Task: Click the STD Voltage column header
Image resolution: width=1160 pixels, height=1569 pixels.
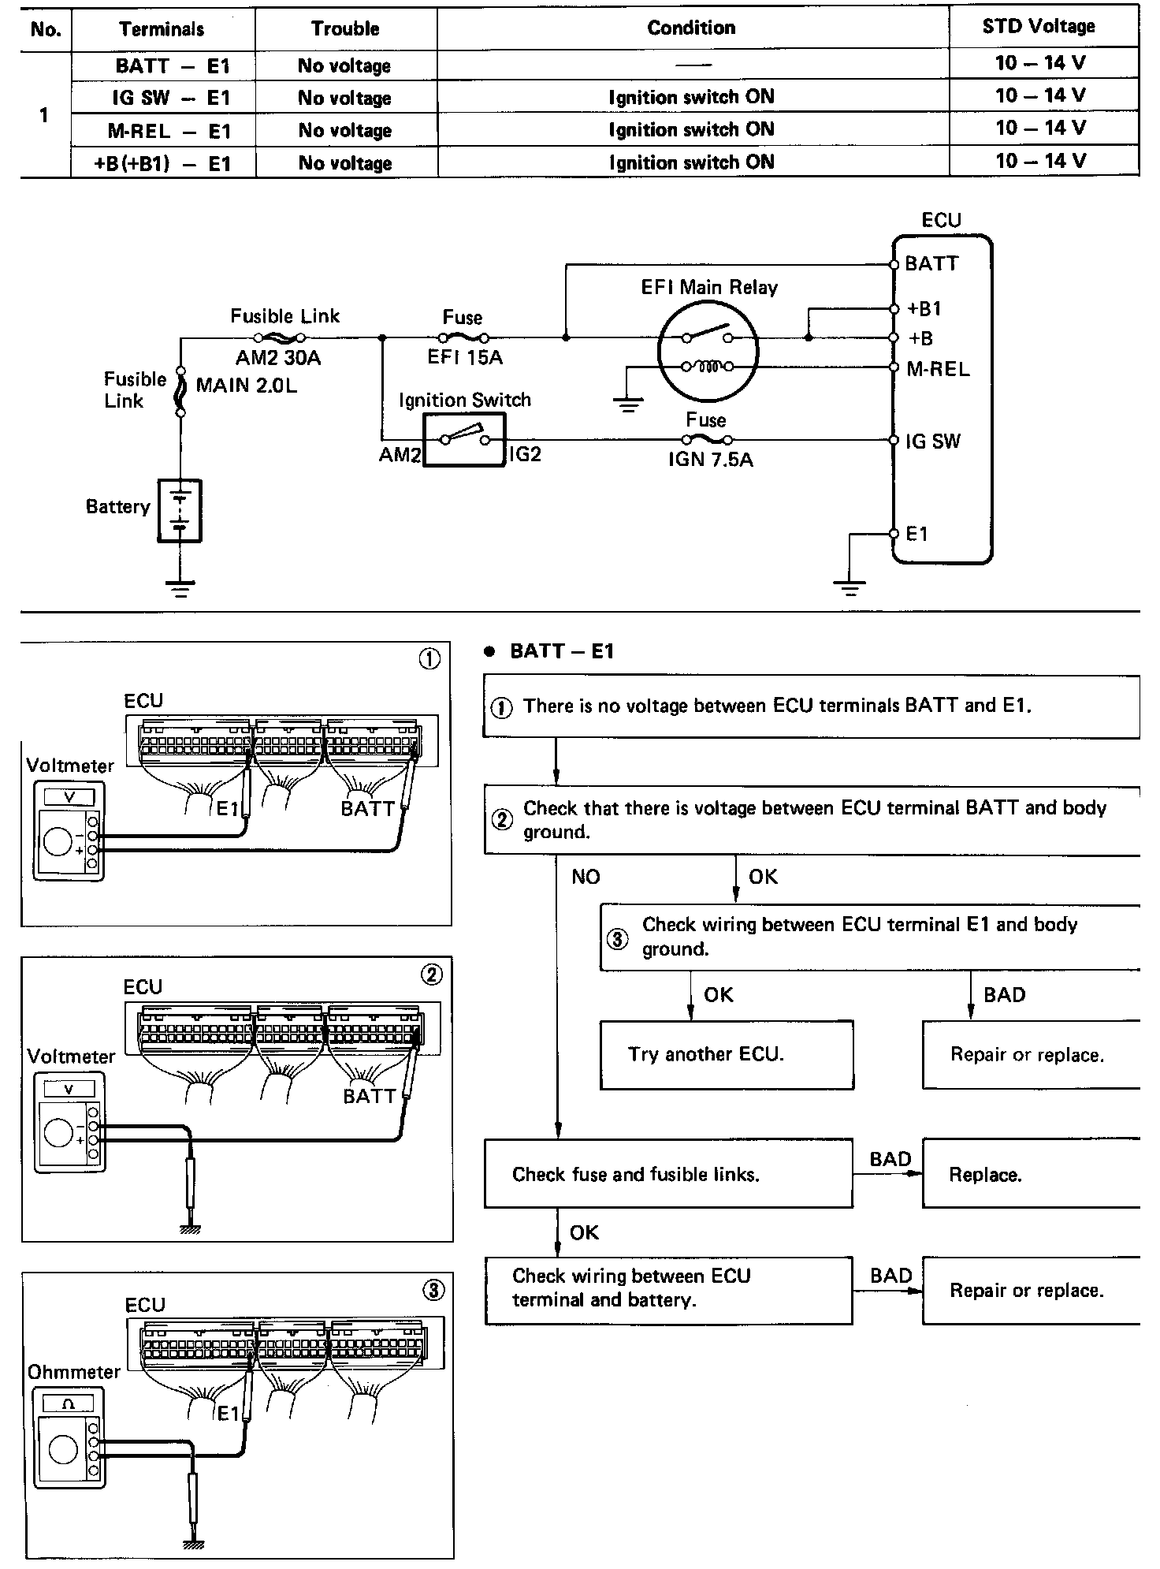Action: [x=1039, y=27]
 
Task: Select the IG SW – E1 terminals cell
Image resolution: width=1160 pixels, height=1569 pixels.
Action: [x=162, y=98]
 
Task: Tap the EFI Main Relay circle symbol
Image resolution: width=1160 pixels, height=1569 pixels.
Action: [x=708, y=351]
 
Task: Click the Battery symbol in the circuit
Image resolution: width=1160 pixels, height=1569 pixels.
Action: [x=180, y=510]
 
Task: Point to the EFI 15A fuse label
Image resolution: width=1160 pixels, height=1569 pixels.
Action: [x=465, y=357]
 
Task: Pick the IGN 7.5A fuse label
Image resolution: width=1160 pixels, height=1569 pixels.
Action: [x=710, y=459]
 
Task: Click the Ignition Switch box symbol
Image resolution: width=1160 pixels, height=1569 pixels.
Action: [x=464, y=440]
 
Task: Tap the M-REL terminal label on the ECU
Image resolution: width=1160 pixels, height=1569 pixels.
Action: [x=938, y=369]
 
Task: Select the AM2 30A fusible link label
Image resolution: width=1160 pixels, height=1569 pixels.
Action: [x=278, y=358]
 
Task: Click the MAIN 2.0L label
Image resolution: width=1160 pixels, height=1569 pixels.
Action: [x=246, y=386]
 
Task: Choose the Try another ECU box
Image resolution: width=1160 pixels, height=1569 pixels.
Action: [x=726, y=1055]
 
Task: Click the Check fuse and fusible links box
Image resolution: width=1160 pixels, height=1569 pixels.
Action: [x=667, y=1173]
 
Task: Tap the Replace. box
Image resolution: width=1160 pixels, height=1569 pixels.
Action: [x=1029, y=1174]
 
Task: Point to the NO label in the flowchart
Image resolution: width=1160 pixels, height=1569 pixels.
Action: [x=586, y=877]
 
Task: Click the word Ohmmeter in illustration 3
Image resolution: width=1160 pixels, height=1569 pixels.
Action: [x=74, y=1372]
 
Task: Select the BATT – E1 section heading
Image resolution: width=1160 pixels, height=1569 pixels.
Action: [x=561, y=651]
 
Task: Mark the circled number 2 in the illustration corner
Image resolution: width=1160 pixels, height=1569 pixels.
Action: [x=432, y=975]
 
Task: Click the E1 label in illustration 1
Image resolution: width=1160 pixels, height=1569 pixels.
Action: [x=228, y=808]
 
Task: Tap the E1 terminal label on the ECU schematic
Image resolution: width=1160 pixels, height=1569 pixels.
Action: [x=917, y=535]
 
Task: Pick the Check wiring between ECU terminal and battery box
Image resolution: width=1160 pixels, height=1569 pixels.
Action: [x=667, y=1290]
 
